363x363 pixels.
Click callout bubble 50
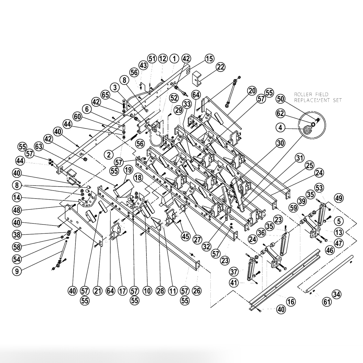point(281,99)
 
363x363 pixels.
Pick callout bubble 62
point(280,113)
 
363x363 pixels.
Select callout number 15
point(209,59)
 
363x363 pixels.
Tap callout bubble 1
point(174,58)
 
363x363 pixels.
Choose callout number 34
point(336,294)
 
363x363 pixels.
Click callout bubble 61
point(326,302)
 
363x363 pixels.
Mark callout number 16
point(290,302)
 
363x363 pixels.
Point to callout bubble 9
point(17,270)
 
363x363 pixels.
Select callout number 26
point(197,291)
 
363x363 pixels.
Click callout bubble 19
point(128,169)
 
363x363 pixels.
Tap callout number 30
point(280,143)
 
